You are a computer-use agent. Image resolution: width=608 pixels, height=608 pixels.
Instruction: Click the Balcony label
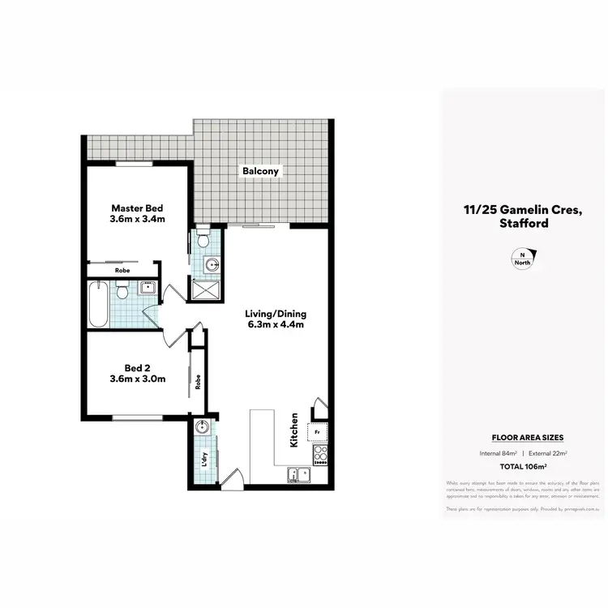pyautogui.click(x=259, y=171)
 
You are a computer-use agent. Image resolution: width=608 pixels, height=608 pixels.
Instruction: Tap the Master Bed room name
pyautogui.click(x=138, y=207)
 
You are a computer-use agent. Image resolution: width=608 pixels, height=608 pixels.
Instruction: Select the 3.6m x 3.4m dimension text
pyautogui.click(x=138, y=219)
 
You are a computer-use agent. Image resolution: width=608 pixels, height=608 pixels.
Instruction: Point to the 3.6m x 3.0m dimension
pyautogui.click(x=138, y=378)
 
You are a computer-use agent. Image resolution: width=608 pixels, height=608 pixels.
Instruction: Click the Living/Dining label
pyautogui.click(x=276, y=314)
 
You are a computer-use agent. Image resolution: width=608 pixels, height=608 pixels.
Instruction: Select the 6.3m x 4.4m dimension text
pyautogui.click(x=276, y=326)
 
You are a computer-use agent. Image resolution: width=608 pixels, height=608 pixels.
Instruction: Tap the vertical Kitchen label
pyautogui.click(x=294, y=430)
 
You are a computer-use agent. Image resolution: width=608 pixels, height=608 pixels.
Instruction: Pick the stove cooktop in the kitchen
pyautogui.click(x=319, y=456)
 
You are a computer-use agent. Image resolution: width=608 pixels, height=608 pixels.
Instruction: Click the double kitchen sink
pyautogui.click(x=298, y=476)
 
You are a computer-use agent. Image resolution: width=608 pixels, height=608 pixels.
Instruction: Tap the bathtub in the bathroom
pyautogui.click(x=98, y=304)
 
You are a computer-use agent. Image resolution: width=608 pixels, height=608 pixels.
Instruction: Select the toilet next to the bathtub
pyautogui.click(x=122, y=289)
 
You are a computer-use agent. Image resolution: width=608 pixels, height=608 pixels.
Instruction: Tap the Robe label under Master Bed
pyautogui.click(x=122, y=270)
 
